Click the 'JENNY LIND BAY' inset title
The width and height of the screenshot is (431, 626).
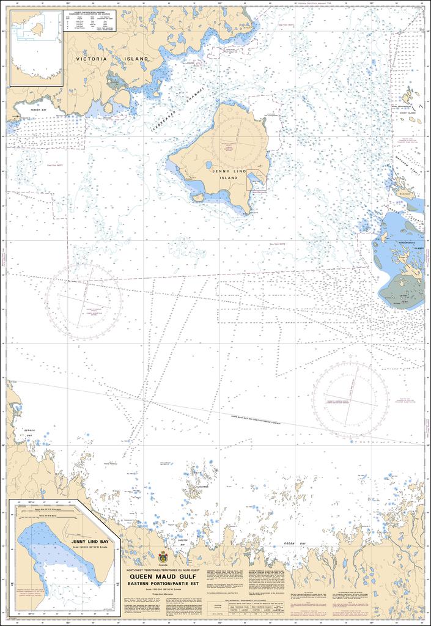[x=90, y=542]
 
